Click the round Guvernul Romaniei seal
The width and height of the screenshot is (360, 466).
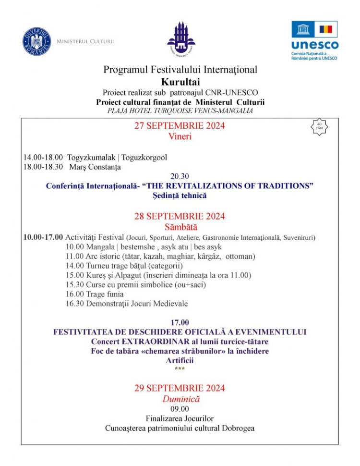pyautogui.click(x=36, y=42)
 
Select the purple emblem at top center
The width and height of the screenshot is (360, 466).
pyautogui.click(x=181, y=38)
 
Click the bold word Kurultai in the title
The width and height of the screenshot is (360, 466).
pyautogui.click(x=180, y=81)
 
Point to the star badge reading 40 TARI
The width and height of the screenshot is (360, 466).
pyautogui.click(x=320, y=127)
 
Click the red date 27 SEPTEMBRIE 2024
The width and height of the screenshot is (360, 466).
pyautogui.click(x=180, y=126)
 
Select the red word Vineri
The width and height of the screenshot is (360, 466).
pyautogui.click(x=180, y=136)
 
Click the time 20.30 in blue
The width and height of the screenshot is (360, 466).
pyautogui.click(x=180, y=176)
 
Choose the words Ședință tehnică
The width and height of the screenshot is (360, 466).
pyautogui.click(x=180, y=196)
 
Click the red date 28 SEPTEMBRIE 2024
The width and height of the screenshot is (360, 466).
pyautogui.click(x=180, y=217)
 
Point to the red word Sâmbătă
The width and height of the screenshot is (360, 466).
pyautogui.click(x=180, y=227)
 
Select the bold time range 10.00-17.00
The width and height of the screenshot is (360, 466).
pyautogui.click(x=43, y=237)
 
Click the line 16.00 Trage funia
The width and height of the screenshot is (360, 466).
pyautogui.click(x=95, y=294)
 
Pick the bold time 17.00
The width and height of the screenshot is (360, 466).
pyautogui.click(x=180, y=322)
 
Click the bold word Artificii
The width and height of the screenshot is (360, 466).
pyautogui.click(x=180, y=360)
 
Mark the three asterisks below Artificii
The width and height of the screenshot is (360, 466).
pyautogui.click(x=180, y=368)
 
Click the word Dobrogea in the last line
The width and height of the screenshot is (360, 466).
pyautogui.click(x=235, y=428)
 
